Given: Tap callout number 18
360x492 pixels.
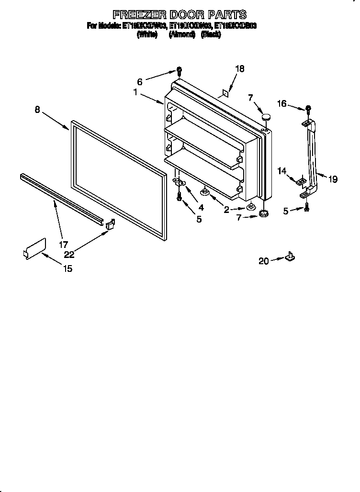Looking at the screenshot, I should (239, 69).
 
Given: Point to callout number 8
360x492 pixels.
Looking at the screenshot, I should (37, 110).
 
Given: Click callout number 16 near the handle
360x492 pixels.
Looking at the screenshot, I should (282, 103).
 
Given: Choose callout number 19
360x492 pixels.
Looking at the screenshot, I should (333, 179).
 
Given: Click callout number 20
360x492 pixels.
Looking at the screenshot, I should (264, 261).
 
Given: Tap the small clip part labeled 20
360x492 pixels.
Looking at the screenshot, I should (290, 257).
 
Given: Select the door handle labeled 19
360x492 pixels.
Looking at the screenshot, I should (313, 158).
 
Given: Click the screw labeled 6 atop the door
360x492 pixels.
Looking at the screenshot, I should (179, 71).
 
